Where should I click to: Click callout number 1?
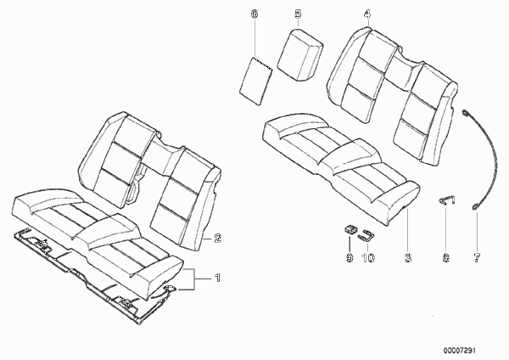pos(217,278)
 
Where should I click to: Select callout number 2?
pos(217,238)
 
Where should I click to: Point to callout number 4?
pos(367,14)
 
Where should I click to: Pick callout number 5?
pos(298,14)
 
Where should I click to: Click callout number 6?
pos(255,14)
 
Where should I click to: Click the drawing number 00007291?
pos(459,351)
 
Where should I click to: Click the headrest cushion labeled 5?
pos(300,54)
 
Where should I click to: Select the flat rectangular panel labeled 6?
pos(256,81)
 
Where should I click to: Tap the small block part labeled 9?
pos(350,229)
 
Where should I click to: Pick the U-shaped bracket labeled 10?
pos(366,235)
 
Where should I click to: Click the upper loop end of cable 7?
pos(465,113)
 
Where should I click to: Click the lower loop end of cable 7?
pos(475,207)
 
